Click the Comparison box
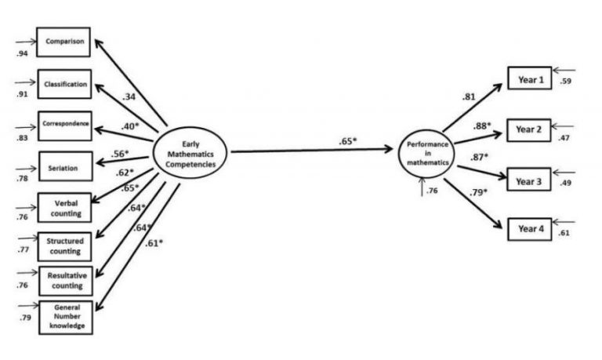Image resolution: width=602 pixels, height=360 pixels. point(65,42)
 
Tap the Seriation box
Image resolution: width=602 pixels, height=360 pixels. point(65,165)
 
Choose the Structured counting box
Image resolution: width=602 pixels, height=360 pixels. point(66,244)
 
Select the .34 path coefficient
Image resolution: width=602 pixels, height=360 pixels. point(130,97)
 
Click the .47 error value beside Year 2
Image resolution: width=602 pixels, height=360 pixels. point(564,138)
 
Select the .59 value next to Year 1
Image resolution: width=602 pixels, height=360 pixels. point(565,81)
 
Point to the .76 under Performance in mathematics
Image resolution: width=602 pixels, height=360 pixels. point(432,190)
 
